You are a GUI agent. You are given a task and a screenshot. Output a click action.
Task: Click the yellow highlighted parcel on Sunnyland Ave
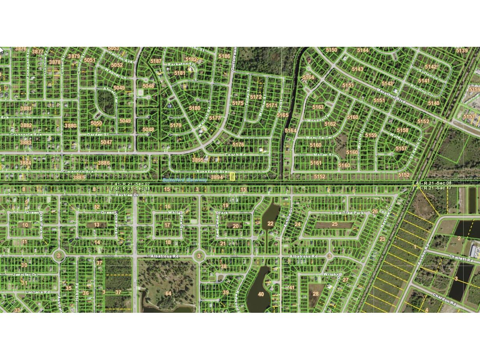(232, 177)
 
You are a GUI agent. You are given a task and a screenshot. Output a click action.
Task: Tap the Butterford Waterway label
(180, 180)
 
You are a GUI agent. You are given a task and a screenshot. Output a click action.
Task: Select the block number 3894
(217, 177)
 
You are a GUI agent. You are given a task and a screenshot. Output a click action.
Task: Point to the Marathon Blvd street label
(390, 96)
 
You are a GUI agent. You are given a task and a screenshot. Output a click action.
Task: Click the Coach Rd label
(235, 155)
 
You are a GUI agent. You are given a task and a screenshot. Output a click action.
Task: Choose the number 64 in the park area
(168, 293)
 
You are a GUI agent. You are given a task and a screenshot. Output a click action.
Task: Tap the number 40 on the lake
(261, 294)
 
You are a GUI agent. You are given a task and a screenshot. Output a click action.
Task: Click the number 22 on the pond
(270, 223)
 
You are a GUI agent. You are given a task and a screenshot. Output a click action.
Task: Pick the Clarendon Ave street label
(78, 171)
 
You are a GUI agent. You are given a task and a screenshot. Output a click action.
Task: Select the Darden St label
(97, 135)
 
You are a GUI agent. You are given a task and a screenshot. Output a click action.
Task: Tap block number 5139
(462, 51)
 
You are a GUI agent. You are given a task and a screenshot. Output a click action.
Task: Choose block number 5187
(156, 61)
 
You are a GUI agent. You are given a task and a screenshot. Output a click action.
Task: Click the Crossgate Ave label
(26, 135)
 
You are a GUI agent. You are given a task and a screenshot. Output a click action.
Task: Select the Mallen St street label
(324, 155)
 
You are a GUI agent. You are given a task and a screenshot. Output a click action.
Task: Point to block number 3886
(104, 163)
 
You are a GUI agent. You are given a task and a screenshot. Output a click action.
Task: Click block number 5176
(238, 145)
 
